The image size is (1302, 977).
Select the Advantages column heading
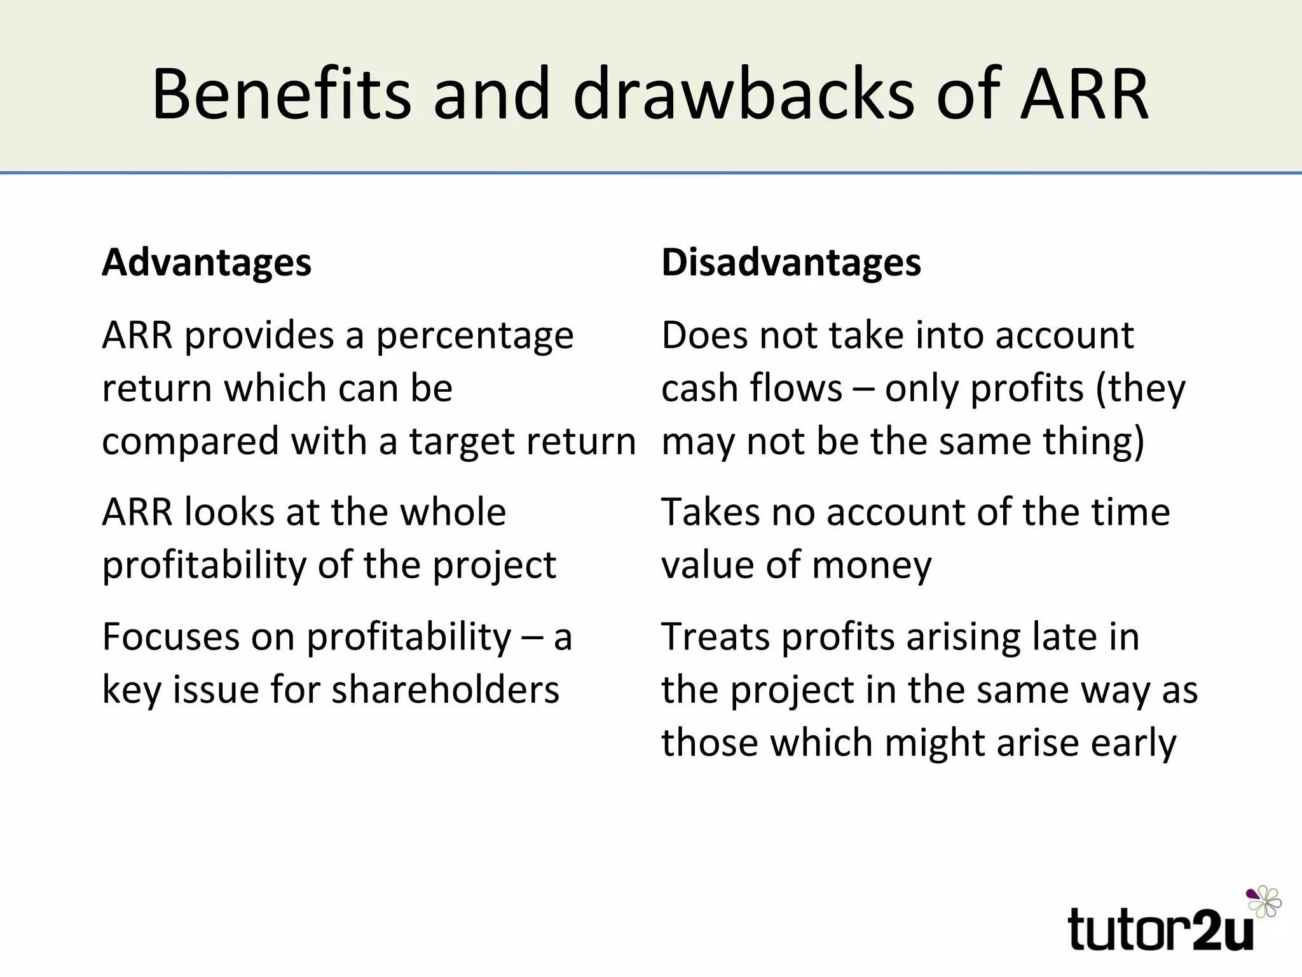(207, 263)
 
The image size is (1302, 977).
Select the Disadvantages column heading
(791, 263)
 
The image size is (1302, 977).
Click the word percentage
(474, 337)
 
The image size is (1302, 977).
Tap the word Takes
(710, 511)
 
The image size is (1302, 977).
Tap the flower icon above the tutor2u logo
(1263, 901)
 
